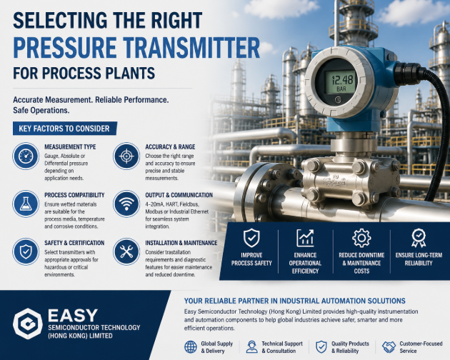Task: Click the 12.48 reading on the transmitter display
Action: tap(341, 79)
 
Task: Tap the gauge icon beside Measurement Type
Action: tap(26, 156)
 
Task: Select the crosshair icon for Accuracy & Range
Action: tap(126, 156)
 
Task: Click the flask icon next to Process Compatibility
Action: tap(26, 204)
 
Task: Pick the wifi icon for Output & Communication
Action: tap(126, 204)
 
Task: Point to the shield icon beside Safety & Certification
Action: tap(26, 251)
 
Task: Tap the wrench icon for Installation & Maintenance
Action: tap(126, 251)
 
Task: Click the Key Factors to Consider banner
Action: tap(65, 129)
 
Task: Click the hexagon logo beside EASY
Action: tap(28, 324)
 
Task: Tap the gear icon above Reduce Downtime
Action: tap(361, 238)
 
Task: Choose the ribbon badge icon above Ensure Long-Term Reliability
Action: tap(419, 238)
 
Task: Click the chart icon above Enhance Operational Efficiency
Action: tap(305, 238)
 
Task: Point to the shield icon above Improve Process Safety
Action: tap(251, 238)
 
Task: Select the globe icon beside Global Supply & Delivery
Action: tap(191, 347)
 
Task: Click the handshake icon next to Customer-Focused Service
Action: tap(389, 347)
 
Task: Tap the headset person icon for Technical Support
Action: tap(251, 347)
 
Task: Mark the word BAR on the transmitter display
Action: tap(341, 89)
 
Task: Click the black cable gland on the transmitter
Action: tap(406, 73)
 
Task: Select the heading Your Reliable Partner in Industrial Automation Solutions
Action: tap(295, 301)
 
